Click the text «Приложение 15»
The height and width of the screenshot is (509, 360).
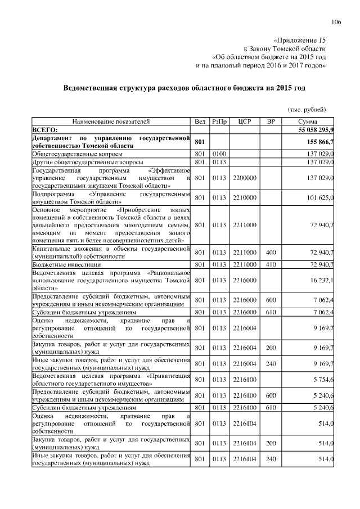click(299, 40)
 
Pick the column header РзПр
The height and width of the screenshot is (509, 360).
click(219, 121)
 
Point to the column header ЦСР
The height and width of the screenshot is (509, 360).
click(244, 121)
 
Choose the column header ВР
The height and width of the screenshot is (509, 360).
click(271, 121)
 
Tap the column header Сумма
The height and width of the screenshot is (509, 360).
click(308, 121)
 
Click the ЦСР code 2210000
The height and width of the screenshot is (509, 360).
click(244, 197)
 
